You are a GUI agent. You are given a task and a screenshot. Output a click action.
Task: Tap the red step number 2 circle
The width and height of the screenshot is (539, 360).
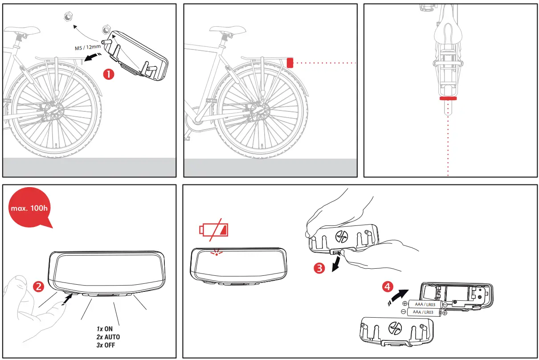point(39,286)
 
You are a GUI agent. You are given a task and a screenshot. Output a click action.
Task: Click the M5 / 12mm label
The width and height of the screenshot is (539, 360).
point(87,49)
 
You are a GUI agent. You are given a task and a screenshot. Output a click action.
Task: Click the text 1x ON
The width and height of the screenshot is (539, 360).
point(105,329)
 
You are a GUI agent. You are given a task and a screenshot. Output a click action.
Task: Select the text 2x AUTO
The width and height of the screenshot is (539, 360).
point(108,337)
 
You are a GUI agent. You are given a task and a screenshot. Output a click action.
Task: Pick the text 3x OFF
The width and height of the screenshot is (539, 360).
point(106,345)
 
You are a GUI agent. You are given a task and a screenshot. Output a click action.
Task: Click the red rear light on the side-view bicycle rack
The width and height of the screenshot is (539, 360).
point(290,62)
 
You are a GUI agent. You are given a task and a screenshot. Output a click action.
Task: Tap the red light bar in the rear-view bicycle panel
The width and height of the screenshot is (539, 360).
point(448,98)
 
